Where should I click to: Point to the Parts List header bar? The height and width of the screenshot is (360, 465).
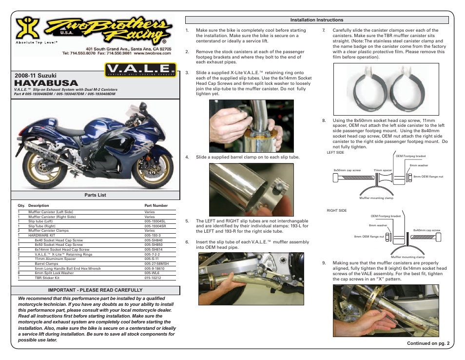click(x=96, y=195)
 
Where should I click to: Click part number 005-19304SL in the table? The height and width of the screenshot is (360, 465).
click(x=155, y=221)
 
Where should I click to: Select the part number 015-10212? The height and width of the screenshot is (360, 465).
click(x=153, y=278)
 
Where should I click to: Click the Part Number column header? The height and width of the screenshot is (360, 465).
click(x=156, y=206)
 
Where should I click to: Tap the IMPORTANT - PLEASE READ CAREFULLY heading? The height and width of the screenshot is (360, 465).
click(x=96, y=290)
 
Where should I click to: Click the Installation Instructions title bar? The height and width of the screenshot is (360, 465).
click(x=317, y=20)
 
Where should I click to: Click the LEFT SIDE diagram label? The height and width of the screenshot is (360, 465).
click(x=335, y=153)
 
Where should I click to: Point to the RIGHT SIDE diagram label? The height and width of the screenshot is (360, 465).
click(x=337, y=210)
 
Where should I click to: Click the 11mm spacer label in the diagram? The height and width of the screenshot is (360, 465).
click(x=383, y=170)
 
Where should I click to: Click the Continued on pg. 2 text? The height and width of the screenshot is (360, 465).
click(x=424, y=343)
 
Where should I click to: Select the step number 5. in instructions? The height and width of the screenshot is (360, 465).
click(x=187, y=221)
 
